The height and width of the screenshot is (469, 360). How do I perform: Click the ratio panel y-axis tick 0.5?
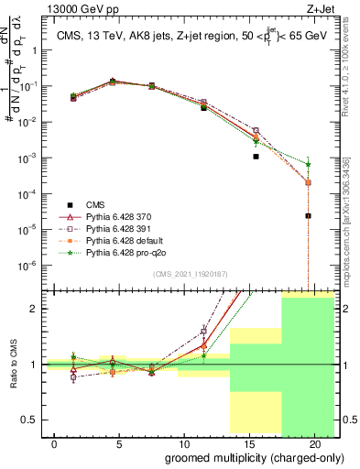point(42,420)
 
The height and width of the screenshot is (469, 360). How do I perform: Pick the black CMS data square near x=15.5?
point(256,157)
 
